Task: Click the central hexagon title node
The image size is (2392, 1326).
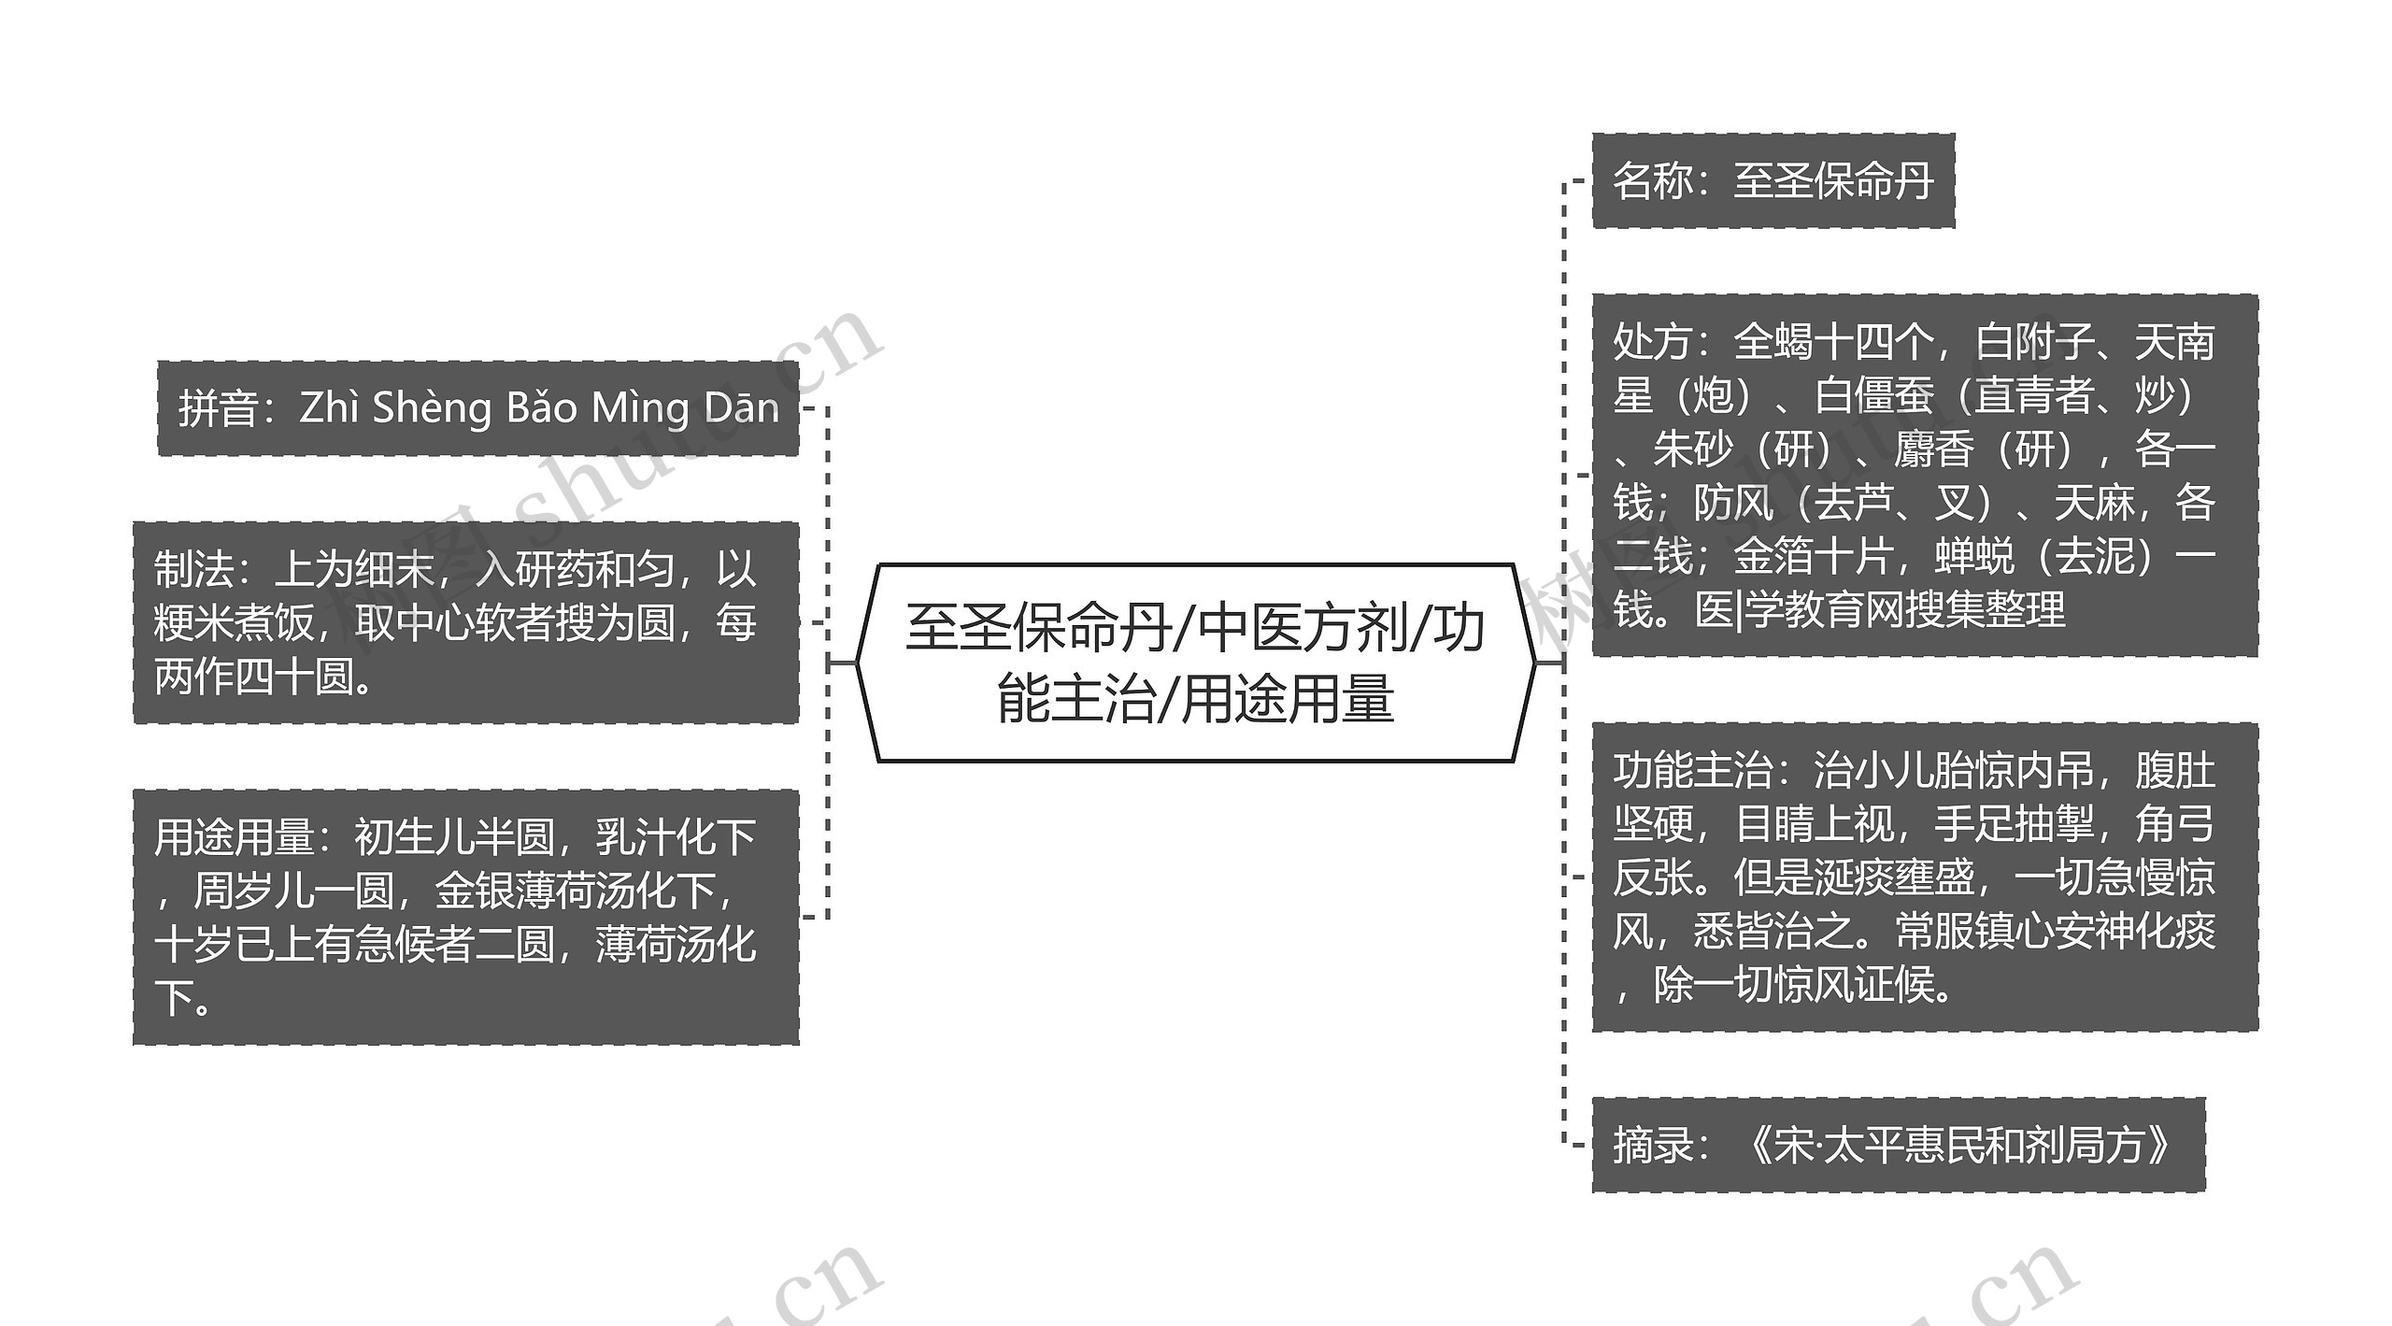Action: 1195,663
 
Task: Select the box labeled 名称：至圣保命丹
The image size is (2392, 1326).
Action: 1773,180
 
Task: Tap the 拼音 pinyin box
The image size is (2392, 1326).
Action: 477,408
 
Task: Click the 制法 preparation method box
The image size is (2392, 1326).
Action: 465,622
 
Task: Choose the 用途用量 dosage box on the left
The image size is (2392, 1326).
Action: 465,917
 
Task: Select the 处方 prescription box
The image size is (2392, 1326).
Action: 1924,476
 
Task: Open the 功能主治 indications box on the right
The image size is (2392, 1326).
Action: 1924,877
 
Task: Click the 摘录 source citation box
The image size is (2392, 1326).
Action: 1898,1145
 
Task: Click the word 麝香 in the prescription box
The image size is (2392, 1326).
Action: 1933,449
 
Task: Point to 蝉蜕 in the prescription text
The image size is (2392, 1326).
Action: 1973,557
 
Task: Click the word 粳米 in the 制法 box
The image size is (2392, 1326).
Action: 193,623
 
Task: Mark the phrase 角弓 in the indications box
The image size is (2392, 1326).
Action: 2174,824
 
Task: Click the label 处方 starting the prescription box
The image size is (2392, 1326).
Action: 1652,342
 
